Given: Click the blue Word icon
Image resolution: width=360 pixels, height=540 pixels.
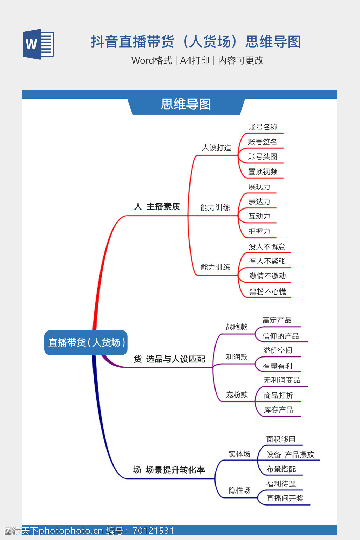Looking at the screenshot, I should [39, 44].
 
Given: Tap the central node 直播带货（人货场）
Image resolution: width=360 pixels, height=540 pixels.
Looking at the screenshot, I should [86, 342].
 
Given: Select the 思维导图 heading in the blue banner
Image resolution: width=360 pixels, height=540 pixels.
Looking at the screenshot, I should [186, 104].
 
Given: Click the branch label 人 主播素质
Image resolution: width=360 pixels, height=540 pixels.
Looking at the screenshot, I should [157, 207].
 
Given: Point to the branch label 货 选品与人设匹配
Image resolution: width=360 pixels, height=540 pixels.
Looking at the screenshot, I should [169, 359].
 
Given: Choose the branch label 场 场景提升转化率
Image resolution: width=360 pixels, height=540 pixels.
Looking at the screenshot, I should [169, 470].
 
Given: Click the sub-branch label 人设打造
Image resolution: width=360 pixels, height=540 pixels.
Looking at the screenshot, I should [217, 148].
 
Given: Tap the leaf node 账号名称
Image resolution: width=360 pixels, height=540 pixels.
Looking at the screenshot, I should [263, 127].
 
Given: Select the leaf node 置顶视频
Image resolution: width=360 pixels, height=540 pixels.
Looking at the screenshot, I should [263, 172].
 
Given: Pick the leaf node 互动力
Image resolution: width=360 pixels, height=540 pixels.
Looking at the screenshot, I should [259, 216].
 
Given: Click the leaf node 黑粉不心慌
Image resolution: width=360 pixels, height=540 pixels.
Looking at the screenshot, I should [268, 291].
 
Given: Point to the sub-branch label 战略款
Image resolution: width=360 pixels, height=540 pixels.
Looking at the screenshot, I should [237, 327].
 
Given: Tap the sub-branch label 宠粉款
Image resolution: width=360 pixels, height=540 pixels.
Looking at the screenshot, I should [237, 395].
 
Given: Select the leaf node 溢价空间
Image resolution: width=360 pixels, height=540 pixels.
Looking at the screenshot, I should [277, 350].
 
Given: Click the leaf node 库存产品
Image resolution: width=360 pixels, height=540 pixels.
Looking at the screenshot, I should [278, 410].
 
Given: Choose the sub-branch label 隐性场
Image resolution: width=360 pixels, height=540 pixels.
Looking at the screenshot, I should [239, 490].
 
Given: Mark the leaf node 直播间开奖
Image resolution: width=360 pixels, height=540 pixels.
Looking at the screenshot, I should [284, 498].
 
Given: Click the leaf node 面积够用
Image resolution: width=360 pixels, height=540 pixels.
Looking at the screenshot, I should [281, 439].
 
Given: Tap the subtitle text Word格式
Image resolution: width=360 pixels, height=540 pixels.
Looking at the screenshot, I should [152, 60].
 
